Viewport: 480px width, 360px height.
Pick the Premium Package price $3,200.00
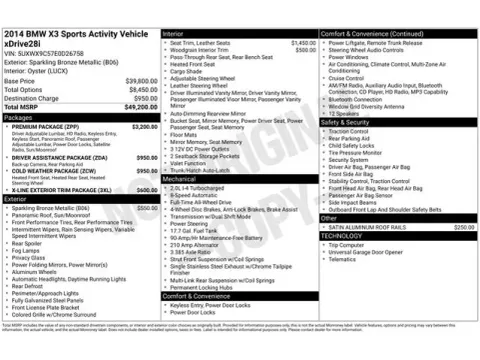(x=144, y=127)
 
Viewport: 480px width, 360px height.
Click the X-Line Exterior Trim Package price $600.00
(x=147, y=189)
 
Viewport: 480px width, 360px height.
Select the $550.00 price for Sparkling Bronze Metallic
(x=147, y=207)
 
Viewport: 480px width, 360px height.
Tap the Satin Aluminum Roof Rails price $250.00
(x=463, y=227)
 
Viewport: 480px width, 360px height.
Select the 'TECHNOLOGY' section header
(x=344, y=236)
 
